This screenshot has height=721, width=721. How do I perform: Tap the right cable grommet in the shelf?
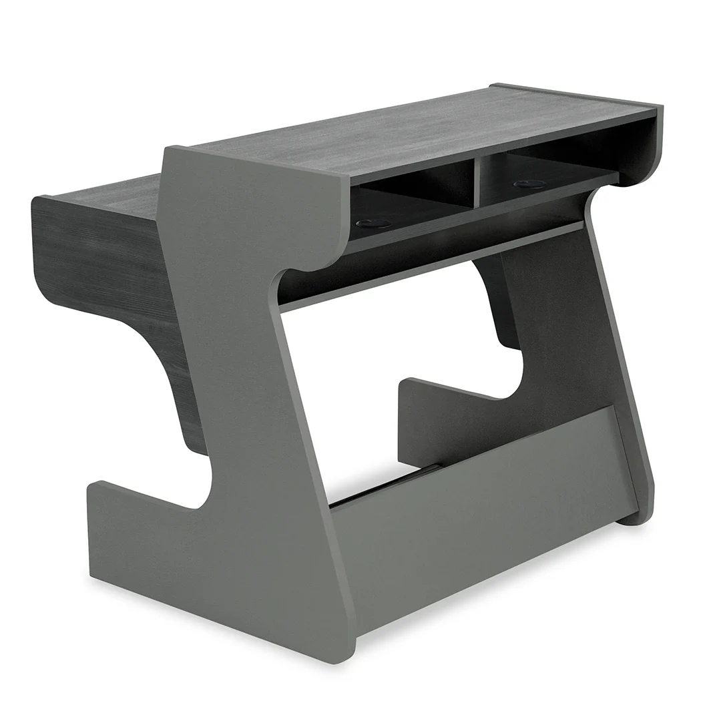[529, 184]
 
